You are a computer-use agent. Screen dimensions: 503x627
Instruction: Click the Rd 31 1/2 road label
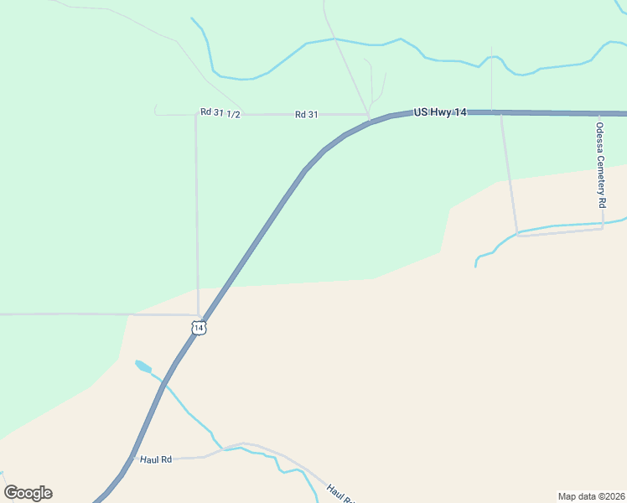[x=221, y=113]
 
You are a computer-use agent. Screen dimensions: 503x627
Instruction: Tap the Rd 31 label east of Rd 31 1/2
[x=306, y=114]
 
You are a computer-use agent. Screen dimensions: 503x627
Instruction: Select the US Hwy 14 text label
[x=440, y=111]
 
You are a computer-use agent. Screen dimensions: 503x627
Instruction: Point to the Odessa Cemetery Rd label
[x=600, y=164]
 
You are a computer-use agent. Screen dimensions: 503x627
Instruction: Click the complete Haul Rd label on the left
[x=156, y=459]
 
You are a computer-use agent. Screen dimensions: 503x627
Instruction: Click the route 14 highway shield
[x=198, y=328]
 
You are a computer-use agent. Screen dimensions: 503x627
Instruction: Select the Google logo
[x=28, y=493]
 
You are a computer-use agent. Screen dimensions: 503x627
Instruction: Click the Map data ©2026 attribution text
[x=591, y=495]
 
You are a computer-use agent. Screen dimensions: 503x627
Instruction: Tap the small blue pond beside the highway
[x=142, y=366]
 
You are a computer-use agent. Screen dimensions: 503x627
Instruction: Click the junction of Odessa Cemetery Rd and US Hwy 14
[x=601, y=113]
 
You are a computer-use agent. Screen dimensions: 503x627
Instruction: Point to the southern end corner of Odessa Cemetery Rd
[x=602, y=229]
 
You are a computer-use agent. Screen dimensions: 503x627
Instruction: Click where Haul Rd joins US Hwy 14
[x=132, y=459]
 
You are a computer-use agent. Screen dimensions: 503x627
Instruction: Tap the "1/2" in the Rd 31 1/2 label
[x=234, y=114]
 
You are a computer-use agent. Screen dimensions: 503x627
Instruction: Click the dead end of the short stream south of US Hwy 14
[x=475, y=267]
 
